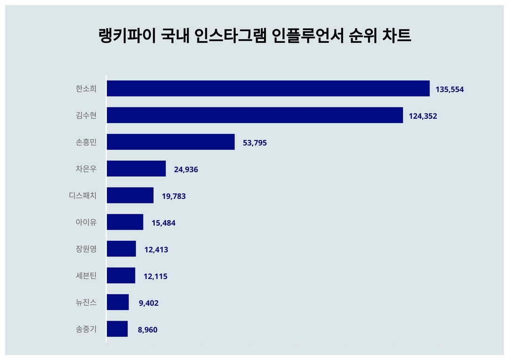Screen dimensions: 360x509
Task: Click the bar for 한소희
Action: [x=268, y=89]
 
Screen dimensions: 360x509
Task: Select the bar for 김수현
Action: [x=254, y=115]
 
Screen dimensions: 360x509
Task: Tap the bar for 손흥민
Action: [x=171, y=142]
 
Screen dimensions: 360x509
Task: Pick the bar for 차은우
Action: [x=136, y=169]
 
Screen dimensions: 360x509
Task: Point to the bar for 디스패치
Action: [x=130, y=195]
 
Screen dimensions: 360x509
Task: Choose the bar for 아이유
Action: [x=125, y=222]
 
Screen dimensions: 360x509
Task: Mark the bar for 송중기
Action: [x=117, y=329]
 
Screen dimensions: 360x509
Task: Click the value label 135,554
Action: [x=450, y=89]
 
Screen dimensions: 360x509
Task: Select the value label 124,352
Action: [x=423, y=116]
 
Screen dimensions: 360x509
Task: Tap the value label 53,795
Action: [x=254, y=143]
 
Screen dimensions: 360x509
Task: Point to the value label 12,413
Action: [x=156, y=250]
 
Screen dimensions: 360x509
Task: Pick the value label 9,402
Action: [x=148, y=303]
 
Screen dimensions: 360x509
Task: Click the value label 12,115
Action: [x=155, y=277]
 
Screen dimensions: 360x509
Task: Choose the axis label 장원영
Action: [x=86, y=249]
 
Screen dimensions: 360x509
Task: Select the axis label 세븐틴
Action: [x=86, y=276]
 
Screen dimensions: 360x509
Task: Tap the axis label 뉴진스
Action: [x=86, y=303]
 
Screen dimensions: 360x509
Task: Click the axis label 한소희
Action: [x=86, y=89]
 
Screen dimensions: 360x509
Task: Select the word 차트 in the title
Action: [x=397, y=36]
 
